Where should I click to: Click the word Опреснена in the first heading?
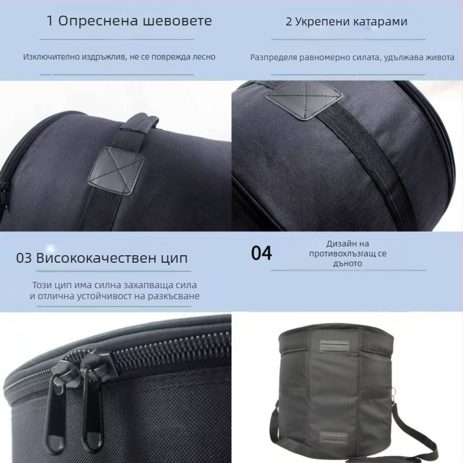click(94, 21)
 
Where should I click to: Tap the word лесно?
click(203, 57)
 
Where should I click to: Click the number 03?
click(24, 258)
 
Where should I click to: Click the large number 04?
click(262, 253)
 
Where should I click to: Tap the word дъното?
click(347, 263)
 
